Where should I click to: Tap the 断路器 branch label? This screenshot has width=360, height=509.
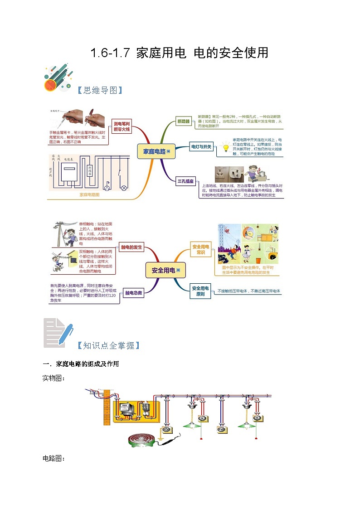[184, 121]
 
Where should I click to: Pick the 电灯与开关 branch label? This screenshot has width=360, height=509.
[201, 147]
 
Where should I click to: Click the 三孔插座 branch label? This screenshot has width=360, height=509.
[185, 182]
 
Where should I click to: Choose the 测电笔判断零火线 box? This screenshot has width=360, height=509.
[122, 126]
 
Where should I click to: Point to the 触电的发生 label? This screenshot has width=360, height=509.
[131, 247]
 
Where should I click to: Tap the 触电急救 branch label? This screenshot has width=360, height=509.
[134, 293]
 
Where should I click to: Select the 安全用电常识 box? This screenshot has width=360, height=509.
[200, 250]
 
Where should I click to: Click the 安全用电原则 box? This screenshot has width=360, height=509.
[200, 291]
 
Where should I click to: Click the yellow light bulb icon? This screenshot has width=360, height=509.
[225, 148]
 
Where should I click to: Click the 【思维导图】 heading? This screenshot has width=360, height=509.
[100, 90]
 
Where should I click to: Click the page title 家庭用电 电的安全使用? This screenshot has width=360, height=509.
[180, 53]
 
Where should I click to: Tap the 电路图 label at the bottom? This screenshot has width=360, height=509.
[53, 459]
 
